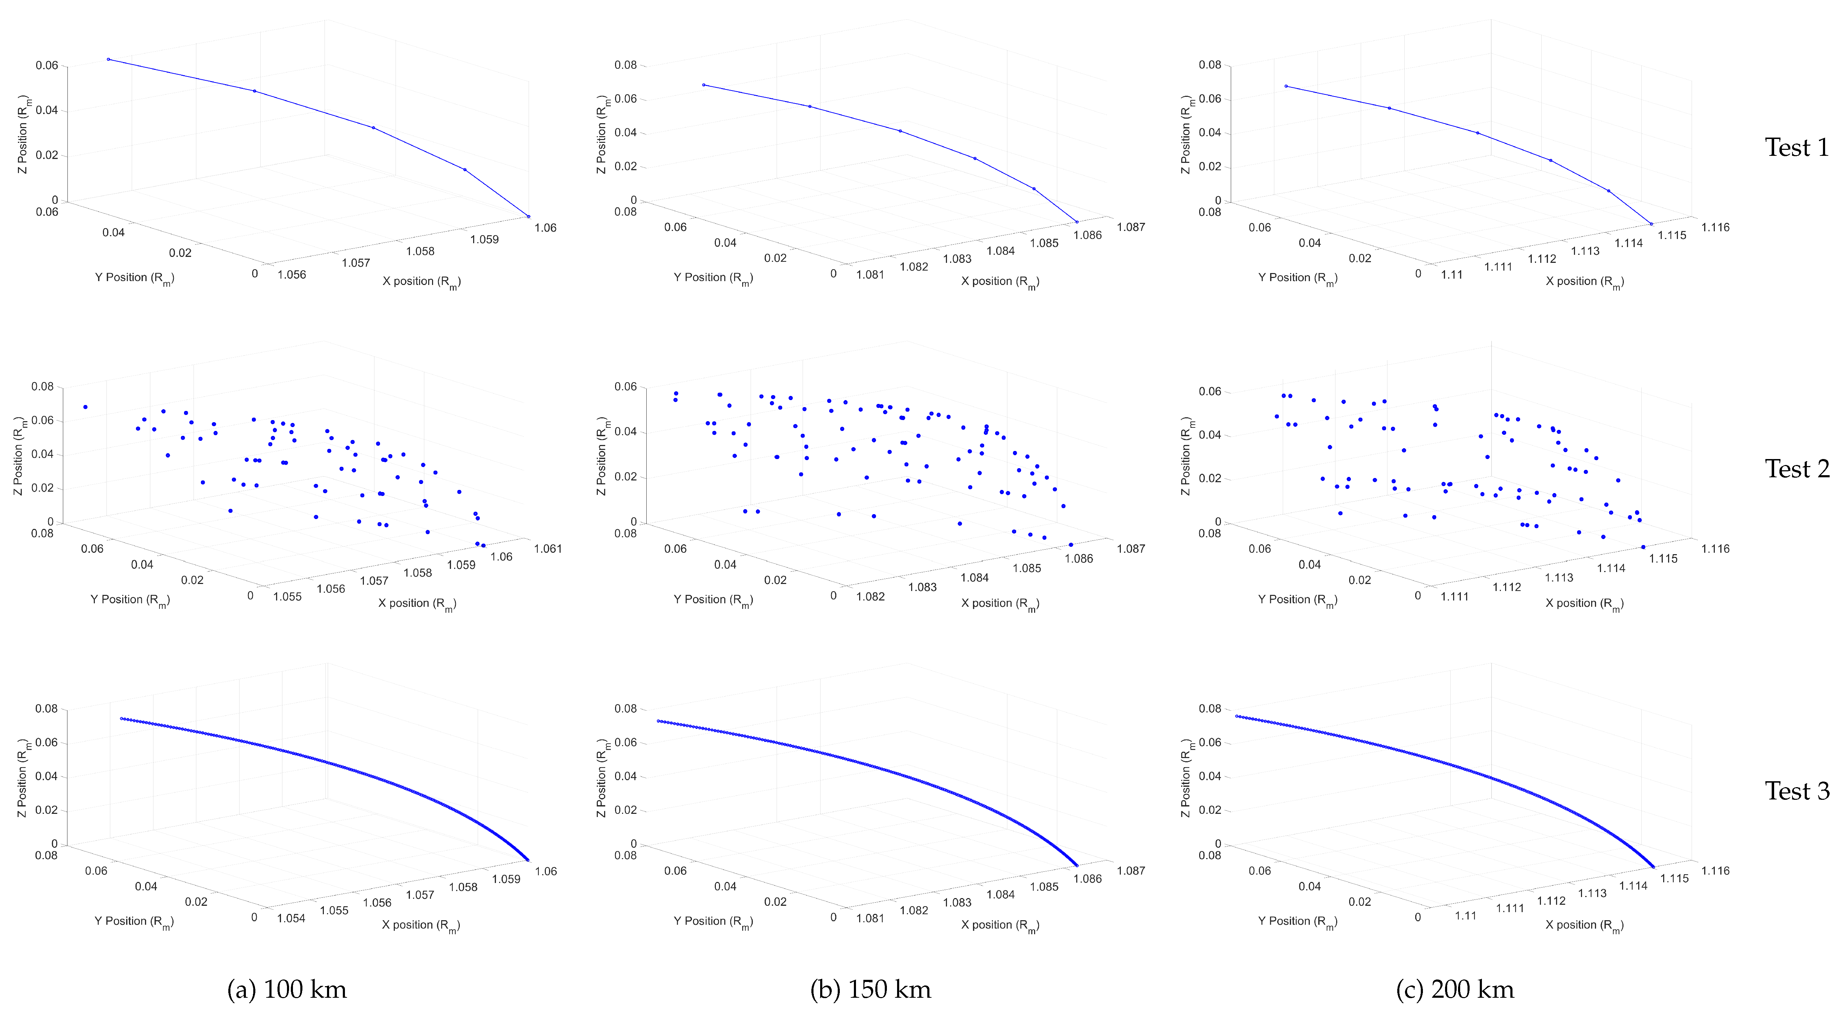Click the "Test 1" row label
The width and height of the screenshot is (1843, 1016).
point(1796,148)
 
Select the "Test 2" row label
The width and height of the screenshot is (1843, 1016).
point(1796,470)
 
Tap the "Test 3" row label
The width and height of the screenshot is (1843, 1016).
point(1796,791)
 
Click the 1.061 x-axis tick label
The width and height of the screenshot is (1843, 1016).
point(548,549)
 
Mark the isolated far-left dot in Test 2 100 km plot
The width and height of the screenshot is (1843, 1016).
point(85,407)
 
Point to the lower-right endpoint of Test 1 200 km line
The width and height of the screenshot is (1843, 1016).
point(1651,224)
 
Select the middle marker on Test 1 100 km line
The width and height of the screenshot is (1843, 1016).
point(373,127)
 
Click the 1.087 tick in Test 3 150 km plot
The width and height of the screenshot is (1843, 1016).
point(1130,871)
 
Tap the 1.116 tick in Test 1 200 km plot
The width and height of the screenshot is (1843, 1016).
point(1715,227)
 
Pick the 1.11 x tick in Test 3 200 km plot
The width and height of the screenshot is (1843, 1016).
point(1465,916)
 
